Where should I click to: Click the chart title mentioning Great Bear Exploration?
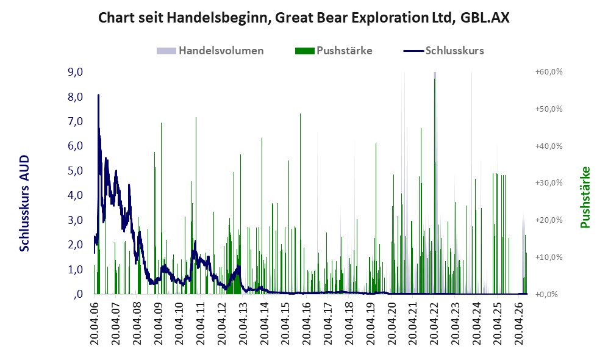[304, 18]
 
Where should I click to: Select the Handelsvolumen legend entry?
[210, 51]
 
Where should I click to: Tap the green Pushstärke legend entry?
[334, 51]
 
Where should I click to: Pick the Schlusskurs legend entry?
[443, 51]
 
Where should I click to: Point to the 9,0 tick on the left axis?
[75, 72]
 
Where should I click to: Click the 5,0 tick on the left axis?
[75, 171]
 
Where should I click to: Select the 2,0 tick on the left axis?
[75, 245]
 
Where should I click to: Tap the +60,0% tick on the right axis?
[549, 72]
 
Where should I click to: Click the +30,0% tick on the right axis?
[549, 182]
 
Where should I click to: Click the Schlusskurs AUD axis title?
[24, 203]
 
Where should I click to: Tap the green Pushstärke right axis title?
[585, 197]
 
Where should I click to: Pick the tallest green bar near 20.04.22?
[435, 186]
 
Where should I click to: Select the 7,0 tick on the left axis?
[75, 121]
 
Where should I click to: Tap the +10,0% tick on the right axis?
[549, 257]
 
